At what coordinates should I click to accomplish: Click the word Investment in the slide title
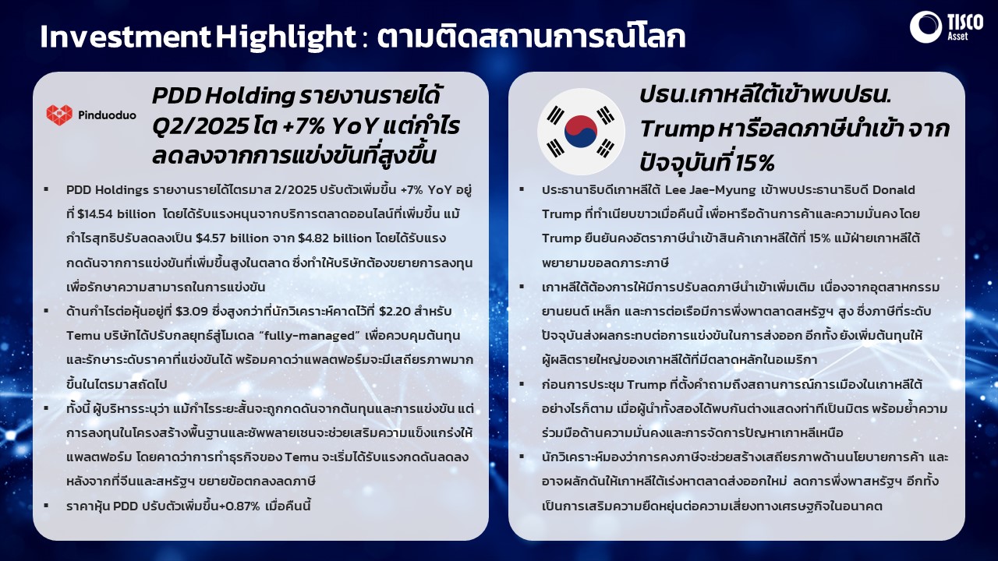click(126, 37)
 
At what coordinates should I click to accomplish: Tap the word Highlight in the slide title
click(286, 37)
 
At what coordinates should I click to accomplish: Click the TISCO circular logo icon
click(925, 27)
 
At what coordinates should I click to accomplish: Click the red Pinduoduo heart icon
click(59, 115)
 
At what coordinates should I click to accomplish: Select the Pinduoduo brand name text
click(107, 115)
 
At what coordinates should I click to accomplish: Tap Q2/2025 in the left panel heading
click(200, 127)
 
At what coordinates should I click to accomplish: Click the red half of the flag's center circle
click(580, 125)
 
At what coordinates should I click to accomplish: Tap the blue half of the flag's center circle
click(582, 139)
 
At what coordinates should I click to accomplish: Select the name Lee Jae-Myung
click(710, 190)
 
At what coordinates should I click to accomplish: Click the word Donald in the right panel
click(894, 190)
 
